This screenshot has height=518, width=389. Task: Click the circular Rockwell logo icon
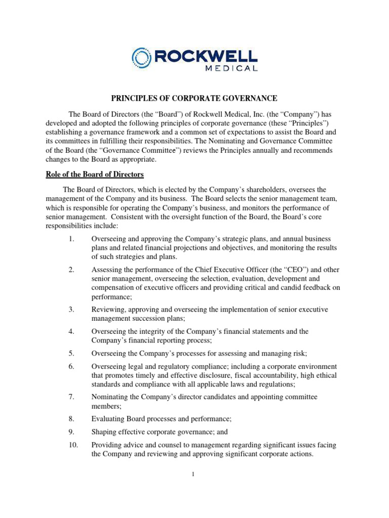(x=141, y=58)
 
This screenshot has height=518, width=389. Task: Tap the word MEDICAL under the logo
(x=230, y=68)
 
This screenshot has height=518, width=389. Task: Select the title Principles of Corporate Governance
(x=194, y=98)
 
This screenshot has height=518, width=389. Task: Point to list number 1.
(x=71, y=238)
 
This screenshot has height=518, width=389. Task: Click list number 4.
(x=71, y=331)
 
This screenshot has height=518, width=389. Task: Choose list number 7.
(x=71, y=397)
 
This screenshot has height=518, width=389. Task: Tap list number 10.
(x=72, y=445)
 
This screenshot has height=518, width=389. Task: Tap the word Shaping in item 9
(x=104, y=432)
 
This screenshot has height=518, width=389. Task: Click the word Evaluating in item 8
(x=108, y=419)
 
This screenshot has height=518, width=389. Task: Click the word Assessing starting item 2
(x=107, y=269)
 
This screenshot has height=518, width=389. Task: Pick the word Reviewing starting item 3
(x=109, y=309)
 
